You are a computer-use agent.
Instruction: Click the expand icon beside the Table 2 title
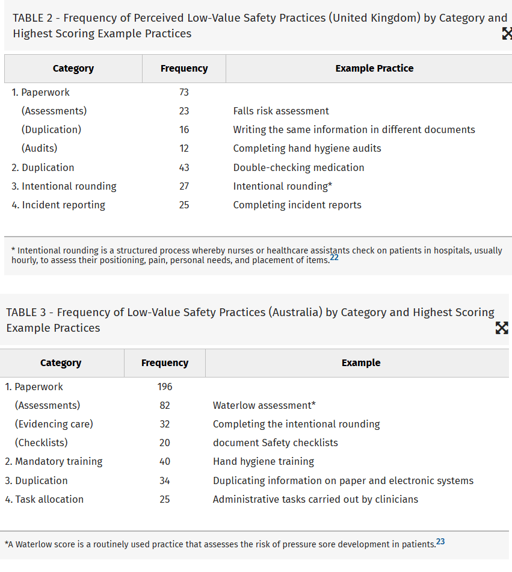click(x=507, y=34)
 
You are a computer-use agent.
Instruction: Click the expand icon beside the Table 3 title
click(x=501, y=328)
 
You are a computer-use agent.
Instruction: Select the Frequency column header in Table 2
click(x=184, y=69)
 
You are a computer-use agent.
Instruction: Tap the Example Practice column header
click(x=374, y=69)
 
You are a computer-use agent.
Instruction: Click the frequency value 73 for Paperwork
click(x=184, y=92)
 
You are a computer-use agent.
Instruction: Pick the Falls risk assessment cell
click(x=281, y=111)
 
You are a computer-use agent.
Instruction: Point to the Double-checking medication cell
click(x=298, y=167)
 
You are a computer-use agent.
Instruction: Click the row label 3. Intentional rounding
click(x=64, y=186)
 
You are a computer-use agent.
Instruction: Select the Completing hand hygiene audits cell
click(x=307, y=148)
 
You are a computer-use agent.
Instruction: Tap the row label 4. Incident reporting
click(x=58, y=205)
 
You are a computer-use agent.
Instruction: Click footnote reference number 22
click(x=335, y=258)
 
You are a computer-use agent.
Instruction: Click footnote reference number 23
click(x=440, y=541)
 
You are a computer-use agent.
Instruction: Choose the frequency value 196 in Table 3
click(x=165, y=387)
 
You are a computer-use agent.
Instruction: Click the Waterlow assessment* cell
click(x=264, y=405)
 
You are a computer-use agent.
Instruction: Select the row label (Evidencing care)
click(x=54, y=424)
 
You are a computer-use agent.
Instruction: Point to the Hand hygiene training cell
click(x=264, y=461)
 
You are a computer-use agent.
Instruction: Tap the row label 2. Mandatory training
click(x=54, y=461)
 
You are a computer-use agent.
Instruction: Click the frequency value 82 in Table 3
click(x=165, y=405)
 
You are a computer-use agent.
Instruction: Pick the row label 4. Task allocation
click(x=45, y=499)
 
